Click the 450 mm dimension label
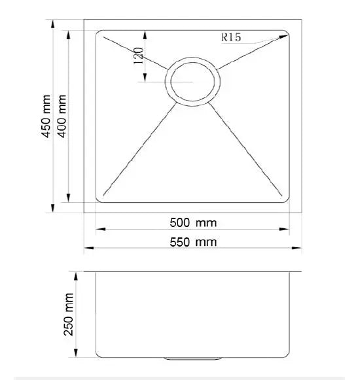tap(46, 116)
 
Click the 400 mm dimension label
tap(62, 116)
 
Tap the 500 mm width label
tap(193, 223)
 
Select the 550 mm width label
tap(193, 242)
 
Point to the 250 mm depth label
tap(69, 315)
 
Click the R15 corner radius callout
tap(231, 37)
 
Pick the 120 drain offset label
tap(139, 56)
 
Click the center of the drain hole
tap(192, 82)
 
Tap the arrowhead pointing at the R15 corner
tap(283, 37)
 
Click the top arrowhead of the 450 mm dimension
tap(52, 24)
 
